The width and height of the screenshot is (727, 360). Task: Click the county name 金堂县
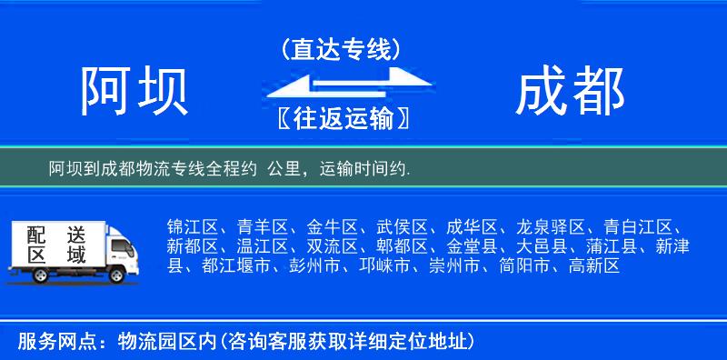point(472,246)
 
